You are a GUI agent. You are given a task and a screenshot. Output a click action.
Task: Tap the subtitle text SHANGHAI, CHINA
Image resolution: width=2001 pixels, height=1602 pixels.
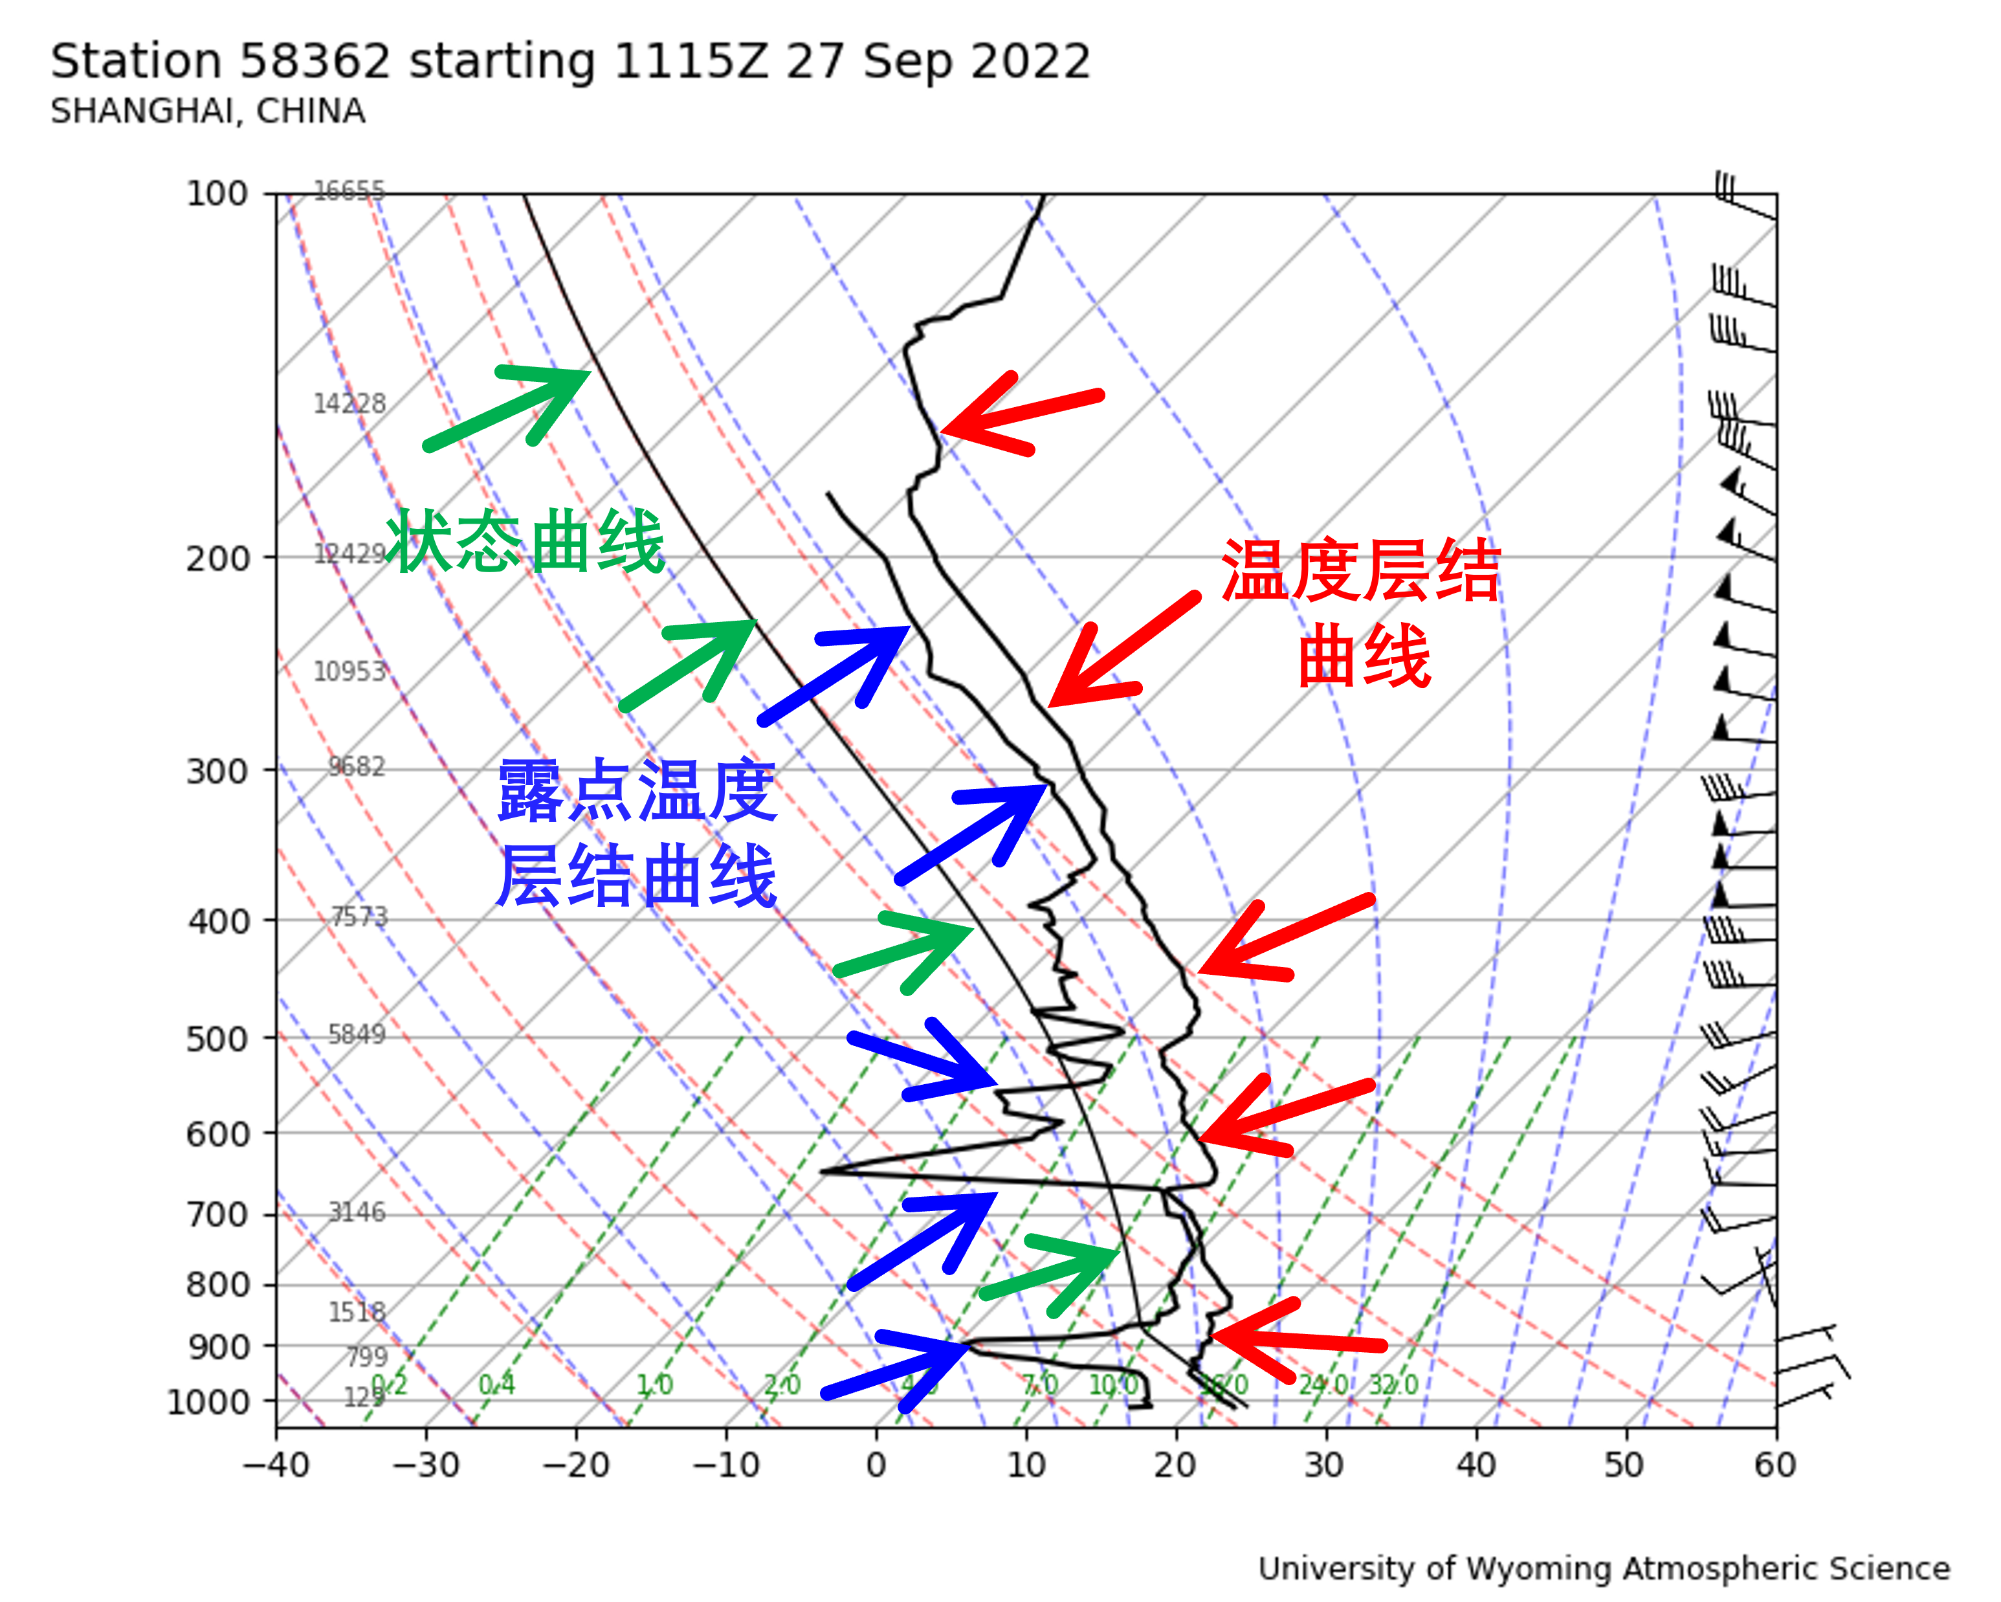coord(208,111)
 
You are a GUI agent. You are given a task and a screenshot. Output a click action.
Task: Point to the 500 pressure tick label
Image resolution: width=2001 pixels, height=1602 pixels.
coord(218,1040)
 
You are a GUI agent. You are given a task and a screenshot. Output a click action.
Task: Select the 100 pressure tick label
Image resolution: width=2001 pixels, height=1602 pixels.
coord(218,194)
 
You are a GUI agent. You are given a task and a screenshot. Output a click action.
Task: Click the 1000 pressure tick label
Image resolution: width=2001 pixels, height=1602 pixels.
coord(209,1401)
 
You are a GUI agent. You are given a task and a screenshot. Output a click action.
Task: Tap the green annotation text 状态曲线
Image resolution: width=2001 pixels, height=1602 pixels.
coord(525,541)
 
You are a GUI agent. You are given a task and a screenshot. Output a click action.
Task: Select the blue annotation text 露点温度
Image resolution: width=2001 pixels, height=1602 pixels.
coord(637,791)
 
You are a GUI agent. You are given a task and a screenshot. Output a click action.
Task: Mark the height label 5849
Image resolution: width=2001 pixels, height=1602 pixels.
coord(357,1034)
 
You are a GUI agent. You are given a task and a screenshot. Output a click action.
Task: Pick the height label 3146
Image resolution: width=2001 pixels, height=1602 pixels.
coord(357,1212)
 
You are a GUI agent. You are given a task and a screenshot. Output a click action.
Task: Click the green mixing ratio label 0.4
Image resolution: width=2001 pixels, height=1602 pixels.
coord(496,1385)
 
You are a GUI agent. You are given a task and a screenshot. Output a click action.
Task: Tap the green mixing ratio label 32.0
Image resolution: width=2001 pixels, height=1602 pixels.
coord(1393,1385)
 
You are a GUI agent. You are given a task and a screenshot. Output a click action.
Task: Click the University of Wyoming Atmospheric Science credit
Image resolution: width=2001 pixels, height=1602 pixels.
coord(1604,1568)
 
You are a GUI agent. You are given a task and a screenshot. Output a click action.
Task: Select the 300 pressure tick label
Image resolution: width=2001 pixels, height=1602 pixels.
coord(218,772)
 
